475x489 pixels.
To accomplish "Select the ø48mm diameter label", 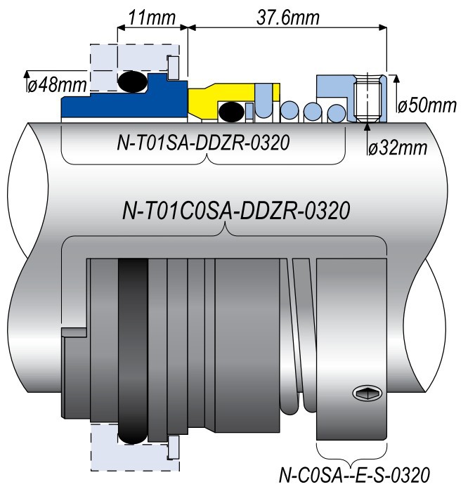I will tap(56, 86).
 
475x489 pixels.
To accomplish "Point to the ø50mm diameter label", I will tap(427, 105).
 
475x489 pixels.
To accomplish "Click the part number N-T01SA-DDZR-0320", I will tap(204, 145).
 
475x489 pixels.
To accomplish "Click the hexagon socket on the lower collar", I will tap(365, 395).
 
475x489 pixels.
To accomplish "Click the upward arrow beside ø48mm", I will tap(27, 74).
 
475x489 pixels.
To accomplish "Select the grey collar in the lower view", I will tap(351, 344).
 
